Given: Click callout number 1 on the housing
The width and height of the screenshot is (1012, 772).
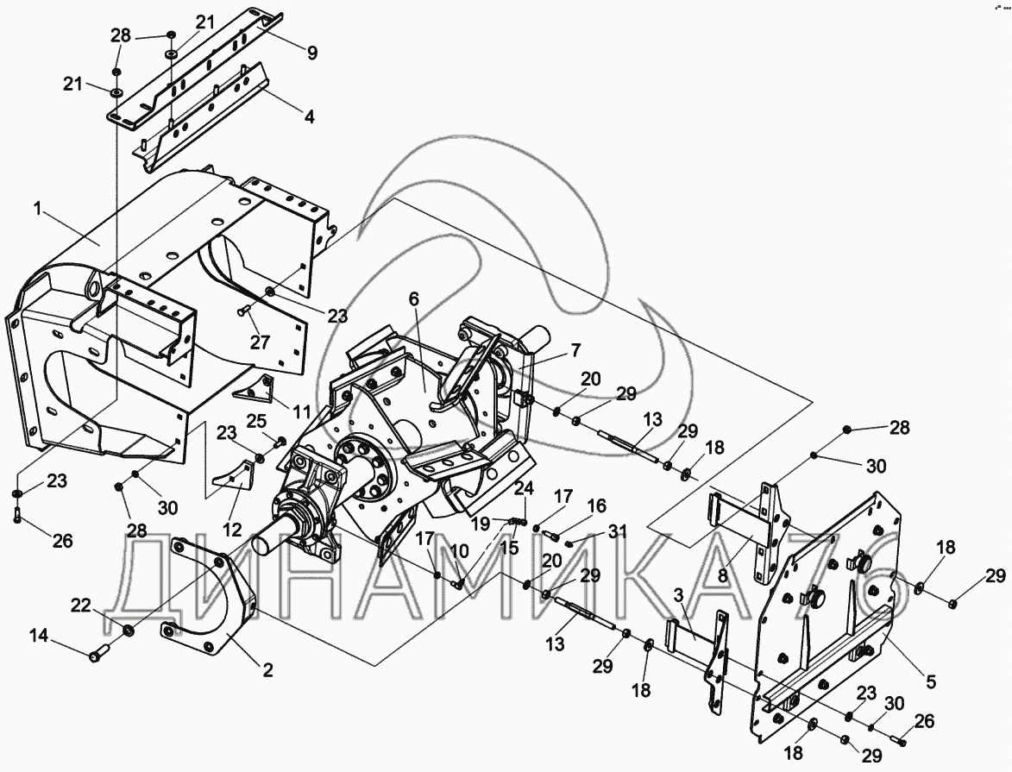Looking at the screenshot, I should coord(37,207).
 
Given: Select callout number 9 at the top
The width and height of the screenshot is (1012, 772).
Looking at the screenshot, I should coord(311,53).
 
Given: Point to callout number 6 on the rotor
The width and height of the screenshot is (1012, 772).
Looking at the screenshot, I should coord(414,298).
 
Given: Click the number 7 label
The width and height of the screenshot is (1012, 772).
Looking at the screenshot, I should coord(575,350).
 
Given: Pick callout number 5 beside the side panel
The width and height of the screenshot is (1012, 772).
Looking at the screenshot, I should coord(931,682).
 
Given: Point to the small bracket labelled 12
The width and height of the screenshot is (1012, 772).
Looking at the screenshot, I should coord(236,477).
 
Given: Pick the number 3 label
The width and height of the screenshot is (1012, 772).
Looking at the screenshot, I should coord(678,595).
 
